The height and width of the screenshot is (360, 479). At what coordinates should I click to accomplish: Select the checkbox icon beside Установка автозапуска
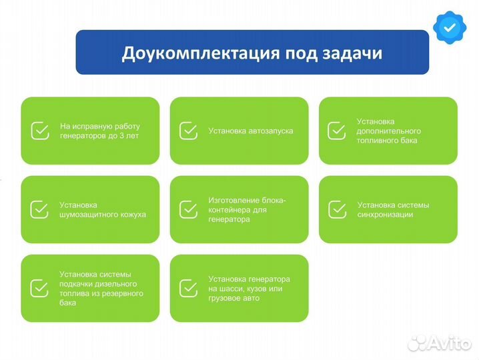(x=188, y=131)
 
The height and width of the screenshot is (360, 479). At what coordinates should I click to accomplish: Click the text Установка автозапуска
(x=250, y=131)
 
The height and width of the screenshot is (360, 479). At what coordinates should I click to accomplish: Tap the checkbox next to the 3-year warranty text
(x=40, y=131)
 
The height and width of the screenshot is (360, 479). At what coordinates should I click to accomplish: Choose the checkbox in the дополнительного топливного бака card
(x=336, y=131)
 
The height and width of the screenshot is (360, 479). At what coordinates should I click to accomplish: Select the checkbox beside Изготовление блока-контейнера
(x=188, y=209)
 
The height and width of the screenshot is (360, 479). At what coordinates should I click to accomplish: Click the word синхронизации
(x=385, y=215)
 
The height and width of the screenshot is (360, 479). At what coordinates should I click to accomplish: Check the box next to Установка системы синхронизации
(x=336, y=209)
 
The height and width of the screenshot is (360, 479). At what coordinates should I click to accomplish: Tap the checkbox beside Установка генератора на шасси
(x=188, y=288)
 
